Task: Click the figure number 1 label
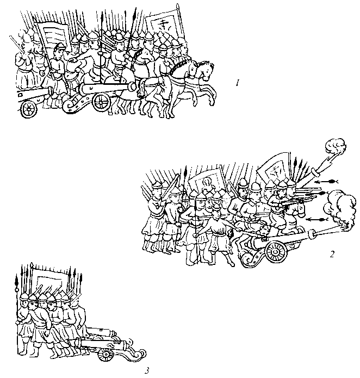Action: [238, 83]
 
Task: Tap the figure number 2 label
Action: [332, 254]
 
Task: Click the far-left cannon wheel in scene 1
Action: [29, 109]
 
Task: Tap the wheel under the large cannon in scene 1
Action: [102, 102]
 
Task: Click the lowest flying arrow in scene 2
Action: [318, 219]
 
